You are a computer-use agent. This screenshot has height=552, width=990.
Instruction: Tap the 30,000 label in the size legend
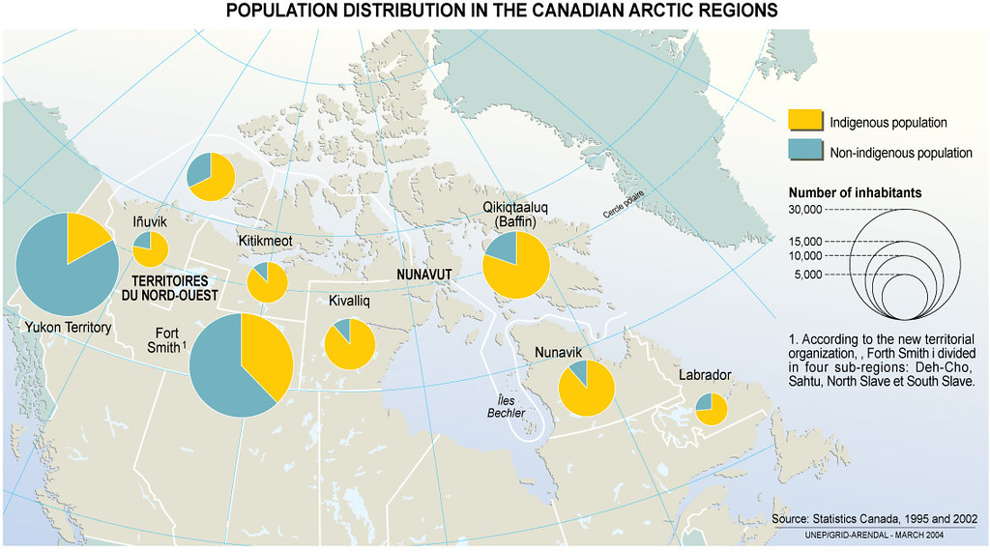coord(804,210)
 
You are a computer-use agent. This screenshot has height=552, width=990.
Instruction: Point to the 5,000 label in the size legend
coord(807,275)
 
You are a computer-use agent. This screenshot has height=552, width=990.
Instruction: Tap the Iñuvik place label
coord(149,222)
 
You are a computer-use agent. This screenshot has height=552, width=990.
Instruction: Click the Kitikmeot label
coord(266,240)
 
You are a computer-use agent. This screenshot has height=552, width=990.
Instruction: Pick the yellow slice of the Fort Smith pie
coord(263,358)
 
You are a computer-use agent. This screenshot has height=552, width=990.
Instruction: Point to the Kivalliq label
coord(350,301)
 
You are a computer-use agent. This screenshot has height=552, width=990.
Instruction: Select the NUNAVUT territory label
coord(422,275)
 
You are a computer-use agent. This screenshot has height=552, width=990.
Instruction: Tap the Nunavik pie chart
coord(586,388)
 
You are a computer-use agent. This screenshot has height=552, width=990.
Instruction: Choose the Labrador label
coord(705,374)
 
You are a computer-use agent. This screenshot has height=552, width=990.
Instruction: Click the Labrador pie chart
coord(712,409)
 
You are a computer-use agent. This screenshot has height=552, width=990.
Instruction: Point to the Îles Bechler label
coord(507,406)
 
